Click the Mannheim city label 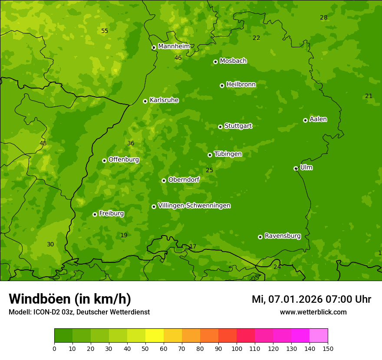(x=174, y=46)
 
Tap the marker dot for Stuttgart (x=220, y=127)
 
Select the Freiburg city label (x=111, y=213)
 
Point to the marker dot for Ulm (x=296, y=168)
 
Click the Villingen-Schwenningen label (x=194, y=206)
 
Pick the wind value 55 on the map (x=105, y=31)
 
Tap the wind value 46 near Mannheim (x=178, y=58)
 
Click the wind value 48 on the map (x=43, y=143)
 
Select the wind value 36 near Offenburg (x=131, y=143)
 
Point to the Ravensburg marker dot (x=260, y=237)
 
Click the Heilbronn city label (x=241, y=85)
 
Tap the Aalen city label (x=318, y=119)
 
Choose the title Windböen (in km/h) (x=69, y=299)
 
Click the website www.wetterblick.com (x=313, y=312)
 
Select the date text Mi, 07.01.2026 (x=287, y=299)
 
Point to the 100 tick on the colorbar (x=237, y=348)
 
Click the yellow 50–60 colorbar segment (x=155, y=336)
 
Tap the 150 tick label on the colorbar (x=328, y=348)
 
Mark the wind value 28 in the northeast (x=323, y=18)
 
